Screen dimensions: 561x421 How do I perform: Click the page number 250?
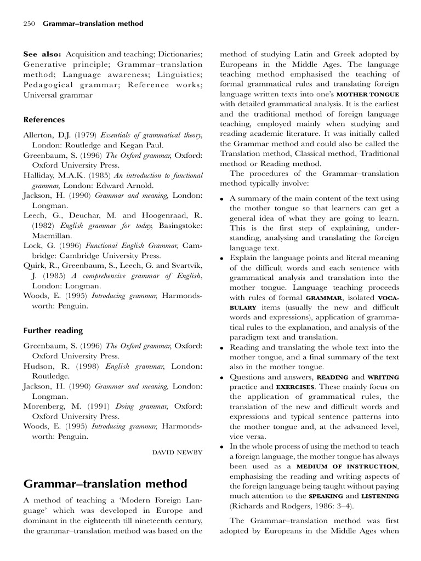click(x=30, y=24)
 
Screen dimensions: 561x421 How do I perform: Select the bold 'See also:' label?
click(x=43, y=54)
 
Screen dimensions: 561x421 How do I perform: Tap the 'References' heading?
click(x=44, y=119)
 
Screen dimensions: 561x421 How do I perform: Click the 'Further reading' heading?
click(x=53, y=330)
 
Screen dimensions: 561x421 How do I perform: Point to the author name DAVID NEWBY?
click(x=177, y=452)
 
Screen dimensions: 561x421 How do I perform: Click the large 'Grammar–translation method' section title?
click(x=105, y=483)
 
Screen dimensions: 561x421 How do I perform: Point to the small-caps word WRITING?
click(x=383, y=377)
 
